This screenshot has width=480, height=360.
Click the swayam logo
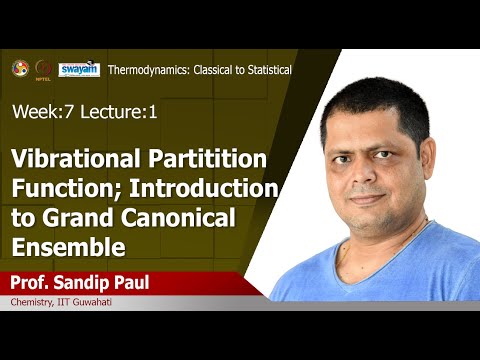click(x=78, y=69)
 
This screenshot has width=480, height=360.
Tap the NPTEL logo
click(x=44, y=69)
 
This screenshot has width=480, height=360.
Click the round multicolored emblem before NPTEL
click(x=19, y=68)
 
